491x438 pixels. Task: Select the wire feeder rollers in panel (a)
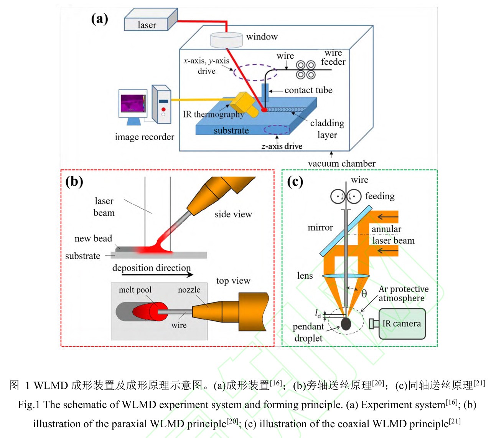(306, 69)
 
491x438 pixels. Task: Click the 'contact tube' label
(308, 90)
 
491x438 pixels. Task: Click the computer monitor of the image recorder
(133, 104)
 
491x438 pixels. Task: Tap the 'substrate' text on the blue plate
(231, 131)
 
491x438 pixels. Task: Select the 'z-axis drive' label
(282, 146)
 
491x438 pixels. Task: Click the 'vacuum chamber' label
(341, 164)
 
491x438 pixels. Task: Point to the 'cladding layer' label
(327, 129)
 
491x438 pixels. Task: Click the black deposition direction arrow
(153, 274)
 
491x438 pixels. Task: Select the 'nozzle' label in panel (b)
(189, 290)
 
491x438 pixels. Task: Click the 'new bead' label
(93, 238)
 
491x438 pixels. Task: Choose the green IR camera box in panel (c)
(402, 324)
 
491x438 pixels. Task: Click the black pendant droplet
(346, 323)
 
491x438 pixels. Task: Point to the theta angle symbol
(364, 294)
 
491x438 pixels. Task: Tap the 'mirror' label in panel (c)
(320, 228)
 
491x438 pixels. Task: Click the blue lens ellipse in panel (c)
(346, 276)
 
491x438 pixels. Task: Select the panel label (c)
(295, 181)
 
